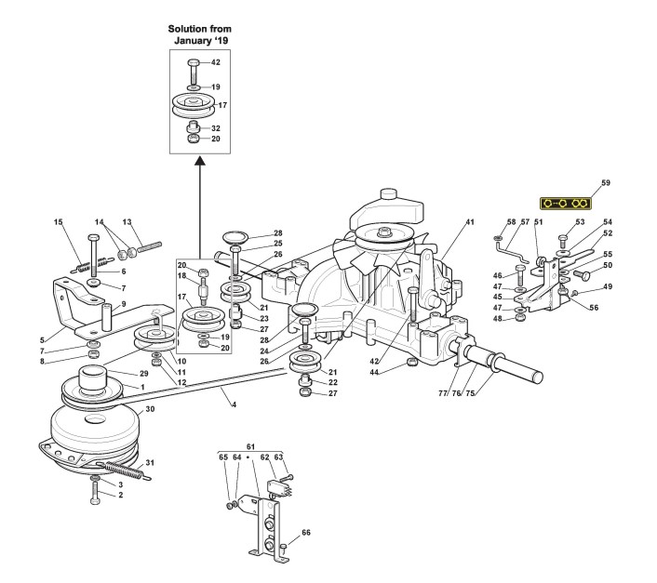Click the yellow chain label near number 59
pos(566,204)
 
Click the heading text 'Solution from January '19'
pos(200,34)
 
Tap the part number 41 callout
pos(470,221)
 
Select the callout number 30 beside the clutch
pos(150,409)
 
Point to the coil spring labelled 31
pos(125,470)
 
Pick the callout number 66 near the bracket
pos(306,533)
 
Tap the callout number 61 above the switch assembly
pos(250,447)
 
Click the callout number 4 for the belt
pos(235,404)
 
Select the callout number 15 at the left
pos(59,221)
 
